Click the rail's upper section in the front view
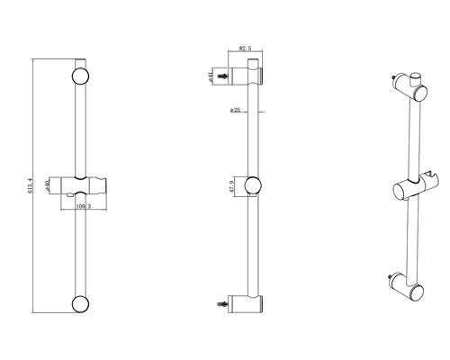click(80, 126)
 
